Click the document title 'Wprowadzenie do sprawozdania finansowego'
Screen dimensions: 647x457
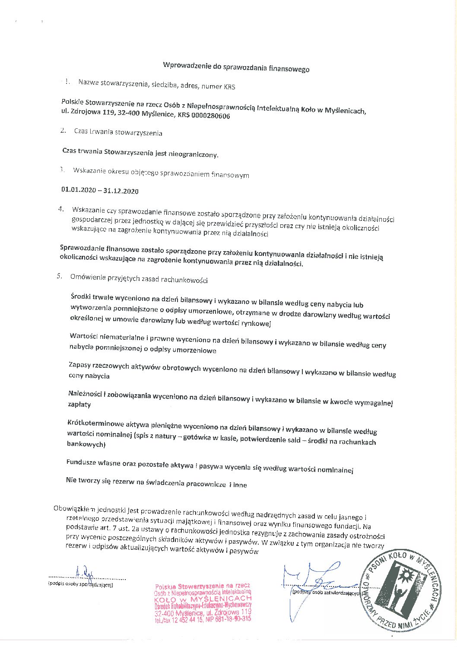(236, 67)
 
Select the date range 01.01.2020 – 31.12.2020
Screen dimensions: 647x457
(100, 190)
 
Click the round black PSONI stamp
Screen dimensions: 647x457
(401, 591)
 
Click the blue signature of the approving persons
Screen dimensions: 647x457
(311, 581)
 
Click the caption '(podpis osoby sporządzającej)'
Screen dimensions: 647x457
(81, 585)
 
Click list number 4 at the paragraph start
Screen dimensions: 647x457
(61, 209)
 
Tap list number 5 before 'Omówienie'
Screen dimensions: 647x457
(59, 276)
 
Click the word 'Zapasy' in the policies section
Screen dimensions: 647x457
(79, 365)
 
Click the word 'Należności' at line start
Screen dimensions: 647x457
(85, 394)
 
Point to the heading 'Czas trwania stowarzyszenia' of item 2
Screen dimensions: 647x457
(118, 132)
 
